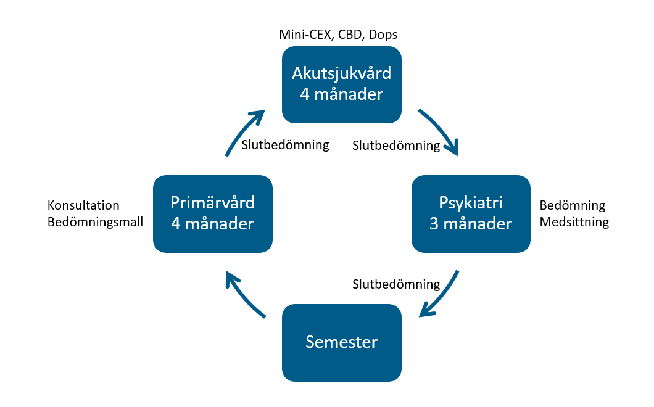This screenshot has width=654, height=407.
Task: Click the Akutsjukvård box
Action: [x=341, y=84]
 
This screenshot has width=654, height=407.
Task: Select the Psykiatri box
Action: [x=471, y=213]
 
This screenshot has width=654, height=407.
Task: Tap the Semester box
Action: [x=341, y=342]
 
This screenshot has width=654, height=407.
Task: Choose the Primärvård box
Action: [x=212, y=213]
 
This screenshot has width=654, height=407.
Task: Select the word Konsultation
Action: [x=83, y=205]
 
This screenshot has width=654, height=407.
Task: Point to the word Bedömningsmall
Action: [x=95, y=222]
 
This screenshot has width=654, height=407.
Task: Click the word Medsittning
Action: [x=574, y=222]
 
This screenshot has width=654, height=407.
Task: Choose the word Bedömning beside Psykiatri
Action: [x=572, y=205]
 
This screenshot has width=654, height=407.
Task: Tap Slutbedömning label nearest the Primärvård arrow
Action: [x=285, y=145]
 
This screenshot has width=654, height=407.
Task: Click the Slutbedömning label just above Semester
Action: [x=395, y=284]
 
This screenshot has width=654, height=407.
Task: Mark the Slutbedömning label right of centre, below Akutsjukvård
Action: [x=395, y=146]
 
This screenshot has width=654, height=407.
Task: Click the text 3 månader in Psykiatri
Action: [x=471, y=223]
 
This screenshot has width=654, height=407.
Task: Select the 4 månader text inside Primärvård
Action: [x=212, y=223]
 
